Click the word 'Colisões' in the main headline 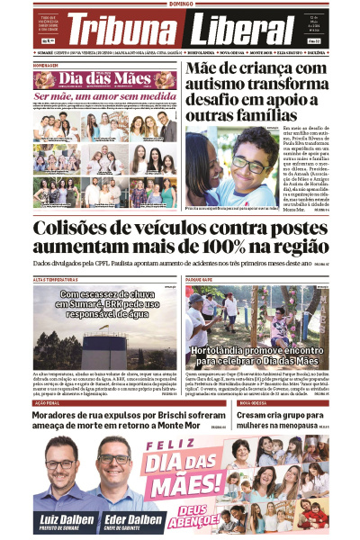pos(85,229)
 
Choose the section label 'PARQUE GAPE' pos(200,280)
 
